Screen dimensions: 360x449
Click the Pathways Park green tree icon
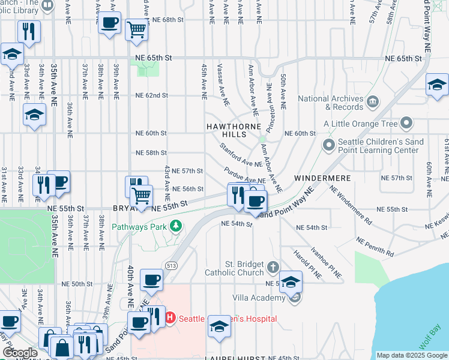(x=176, y=227)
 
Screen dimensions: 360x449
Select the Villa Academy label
(x=260, y=298)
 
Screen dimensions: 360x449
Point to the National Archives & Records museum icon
(x=372, y=100)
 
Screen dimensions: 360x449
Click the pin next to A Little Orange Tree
(x=406, y=124)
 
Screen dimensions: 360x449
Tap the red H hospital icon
(x=170, y=318)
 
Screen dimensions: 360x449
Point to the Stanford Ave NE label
(x=240, y=154)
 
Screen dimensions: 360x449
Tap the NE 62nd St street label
(x=151, y=95)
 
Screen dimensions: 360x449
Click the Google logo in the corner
(x=20, y=353)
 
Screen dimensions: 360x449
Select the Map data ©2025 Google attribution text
(x=411, y=356)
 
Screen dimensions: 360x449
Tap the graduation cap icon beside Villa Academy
(x=290, y=282)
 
